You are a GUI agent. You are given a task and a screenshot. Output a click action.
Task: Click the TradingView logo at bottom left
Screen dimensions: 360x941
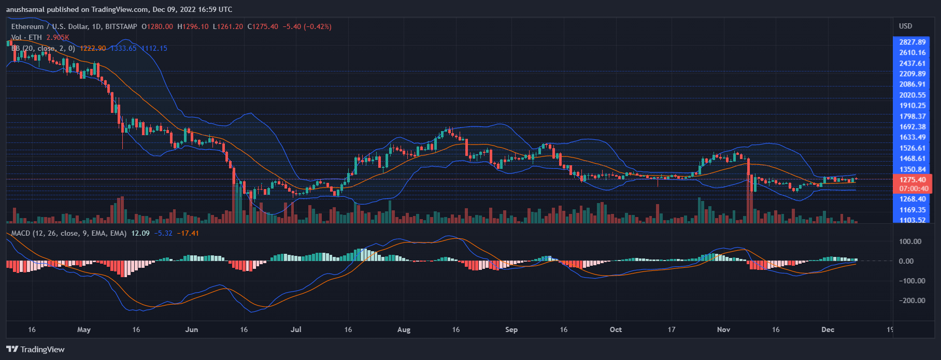tap(35, 349)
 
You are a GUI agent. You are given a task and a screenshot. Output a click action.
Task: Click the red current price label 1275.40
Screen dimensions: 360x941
tap(913, 180)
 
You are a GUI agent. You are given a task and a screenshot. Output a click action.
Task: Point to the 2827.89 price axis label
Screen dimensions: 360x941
tap(913, 42)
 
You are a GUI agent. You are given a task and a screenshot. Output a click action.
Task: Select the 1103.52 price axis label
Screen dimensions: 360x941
tap(913, 220)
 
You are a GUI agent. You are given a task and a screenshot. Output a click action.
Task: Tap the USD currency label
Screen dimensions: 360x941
tap(905, 26)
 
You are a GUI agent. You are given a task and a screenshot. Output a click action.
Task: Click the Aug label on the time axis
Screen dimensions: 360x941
tap(404, 329)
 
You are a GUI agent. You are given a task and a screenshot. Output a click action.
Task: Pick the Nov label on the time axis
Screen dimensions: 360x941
tap(723, 329)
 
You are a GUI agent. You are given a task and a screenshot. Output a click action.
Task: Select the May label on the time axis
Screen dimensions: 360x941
tap(83, 329)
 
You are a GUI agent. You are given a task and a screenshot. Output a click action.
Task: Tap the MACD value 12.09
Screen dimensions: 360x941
tap(140, 233)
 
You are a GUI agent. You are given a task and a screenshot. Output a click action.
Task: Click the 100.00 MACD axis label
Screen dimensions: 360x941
tap(910, 241)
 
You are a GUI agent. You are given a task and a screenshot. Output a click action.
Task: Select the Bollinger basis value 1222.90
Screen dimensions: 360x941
tap(93, 48)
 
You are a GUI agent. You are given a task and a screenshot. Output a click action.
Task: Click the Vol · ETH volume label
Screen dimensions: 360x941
tap(26, 37)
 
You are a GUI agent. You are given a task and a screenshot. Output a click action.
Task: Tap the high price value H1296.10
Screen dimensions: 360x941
tap(193, 26)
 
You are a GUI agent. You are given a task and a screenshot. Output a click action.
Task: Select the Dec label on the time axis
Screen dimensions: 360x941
tap(828, 329)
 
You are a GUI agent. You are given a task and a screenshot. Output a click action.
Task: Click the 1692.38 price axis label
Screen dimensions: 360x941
tap(913, 127)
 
